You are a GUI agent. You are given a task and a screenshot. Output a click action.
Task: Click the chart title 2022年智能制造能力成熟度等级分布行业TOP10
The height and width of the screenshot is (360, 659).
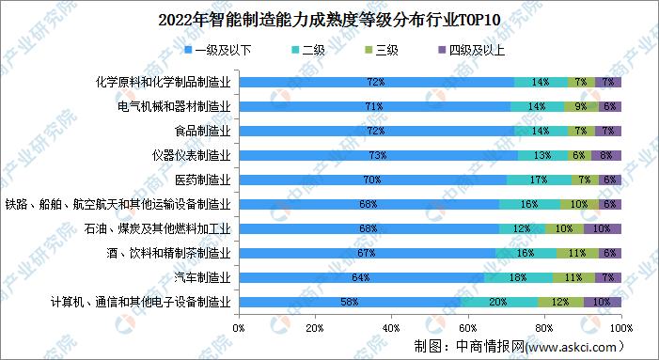coord(329,17)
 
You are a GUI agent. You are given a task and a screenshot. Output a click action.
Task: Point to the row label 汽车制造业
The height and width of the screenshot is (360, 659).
coord(202,277)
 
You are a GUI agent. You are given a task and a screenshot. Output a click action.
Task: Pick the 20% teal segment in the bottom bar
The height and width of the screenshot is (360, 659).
coord(498,302)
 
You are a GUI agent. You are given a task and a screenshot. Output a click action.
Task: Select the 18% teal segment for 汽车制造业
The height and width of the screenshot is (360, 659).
coord(518,277)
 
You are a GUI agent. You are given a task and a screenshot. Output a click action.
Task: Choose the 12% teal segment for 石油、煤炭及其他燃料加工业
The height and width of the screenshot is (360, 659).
coord(522,228)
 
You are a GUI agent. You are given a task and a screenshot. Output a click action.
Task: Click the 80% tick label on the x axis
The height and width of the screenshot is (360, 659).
coord(544,327)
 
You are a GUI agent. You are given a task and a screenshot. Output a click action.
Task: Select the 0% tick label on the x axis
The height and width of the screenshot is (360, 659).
coord(239,327)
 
